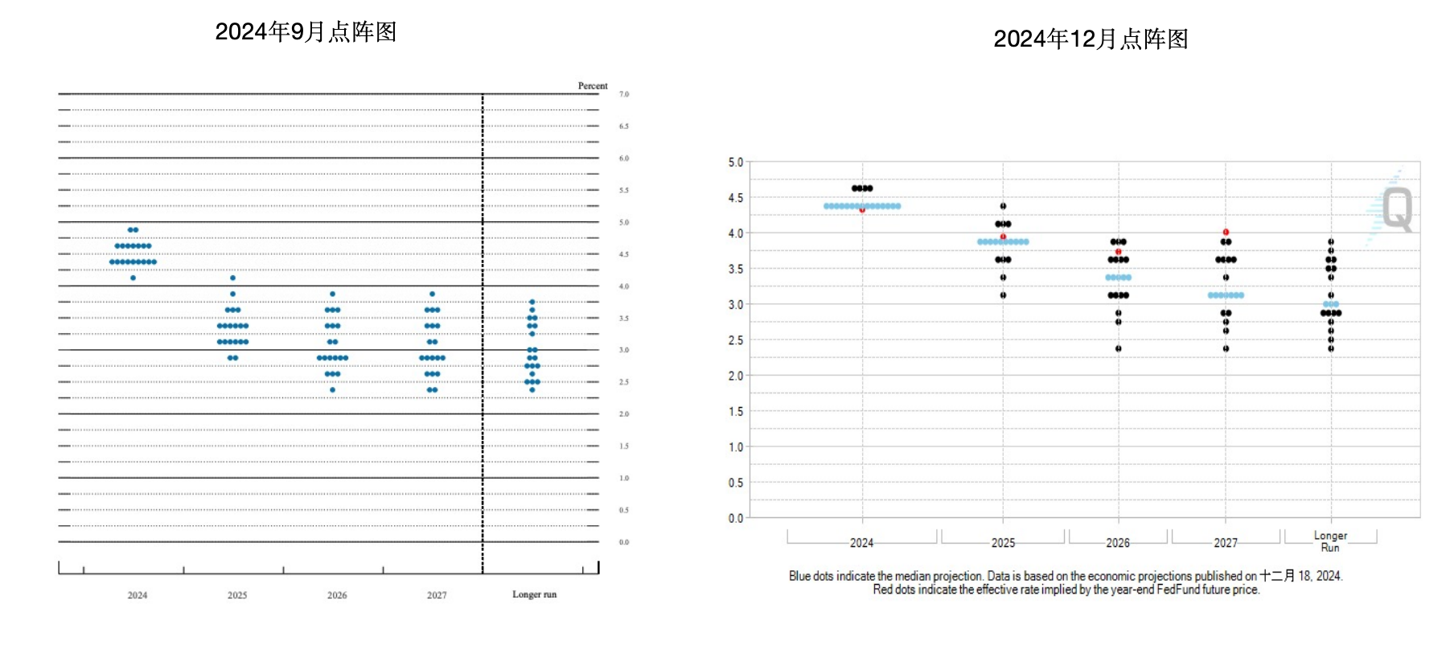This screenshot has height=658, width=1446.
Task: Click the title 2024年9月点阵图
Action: coord(306,31)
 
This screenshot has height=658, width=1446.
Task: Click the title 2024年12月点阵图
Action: coord(1091,39)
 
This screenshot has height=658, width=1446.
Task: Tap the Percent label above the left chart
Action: coord(593,86)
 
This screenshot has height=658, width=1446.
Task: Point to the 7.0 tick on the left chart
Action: coord(624,94)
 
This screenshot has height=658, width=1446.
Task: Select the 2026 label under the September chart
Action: coord(337,595)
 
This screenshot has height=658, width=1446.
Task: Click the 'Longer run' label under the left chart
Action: coord(534,594)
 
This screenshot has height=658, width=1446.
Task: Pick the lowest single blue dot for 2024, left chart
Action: coord(133,278)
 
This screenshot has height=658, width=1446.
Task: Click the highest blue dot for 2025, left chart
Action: coord(233,278)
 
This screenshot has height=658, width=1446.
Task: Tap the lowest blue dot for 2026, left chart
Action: coord(333,390)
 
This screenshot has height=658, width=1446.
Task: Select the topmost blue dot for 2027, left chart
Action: coord(433,294)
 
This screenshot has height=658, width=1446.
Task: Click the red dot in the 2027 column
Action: coord(1226,232)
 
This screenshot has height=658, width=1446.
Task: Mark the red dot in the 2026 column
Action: coord(1119,252)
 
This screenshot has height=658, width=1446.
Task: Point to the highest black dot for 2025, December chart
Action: coord(1003,206)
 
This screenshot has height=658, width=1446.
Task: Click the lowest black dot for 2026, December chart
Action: coord(1119,348)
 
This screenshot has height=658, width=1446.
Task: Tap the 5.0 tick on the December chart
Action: coord(736,162)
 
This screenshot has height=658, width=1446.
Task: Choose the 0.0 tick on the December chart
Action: coord(736,519)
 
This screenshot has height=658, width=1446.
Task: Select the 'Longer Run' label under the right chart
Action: coord(1330,541)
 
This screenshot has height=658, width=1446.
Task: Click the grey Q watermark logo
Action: coord(1397,209)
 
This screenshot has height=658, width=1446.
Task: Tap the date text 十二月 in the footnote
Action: coord(1277,576)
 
